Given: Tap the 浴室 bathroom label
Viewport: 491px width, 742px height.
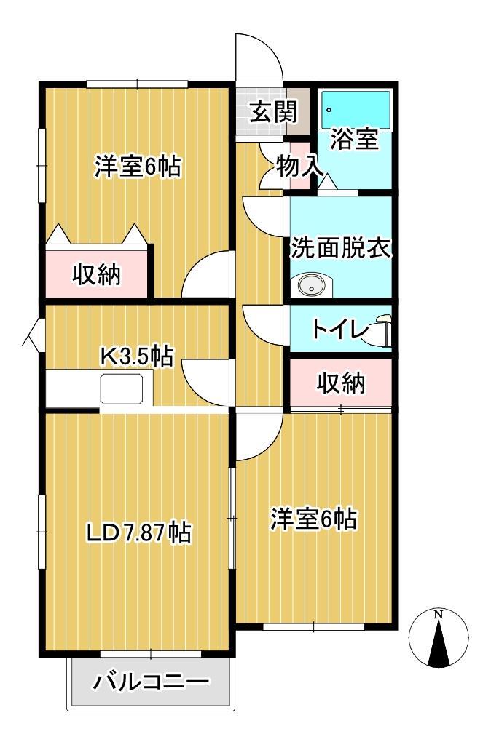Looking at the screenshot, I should click(x=355, y=138).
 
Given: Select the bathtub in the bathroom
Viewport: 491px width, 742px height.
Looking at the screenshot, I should click(x=356, y=110).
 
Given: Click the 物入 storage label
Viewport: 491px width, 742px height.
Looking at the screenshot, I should click(x=299, y=166).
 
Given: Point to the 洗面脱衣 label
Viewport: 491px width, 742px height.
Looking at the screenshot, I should click(x=341, y=248).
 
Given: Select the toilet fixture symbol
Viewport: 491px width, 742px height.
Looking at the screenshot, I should click(x=384, y=330).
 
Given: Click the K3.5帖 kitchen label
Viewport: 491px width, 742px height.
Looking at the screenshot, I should click(x=136, y=356).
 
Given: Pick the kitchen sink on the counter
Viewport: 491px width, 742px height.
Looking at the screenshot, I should click(x=126, y=389).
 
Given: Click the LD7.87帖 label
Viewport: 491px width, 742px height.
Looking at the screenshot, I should click(x=138, y=533).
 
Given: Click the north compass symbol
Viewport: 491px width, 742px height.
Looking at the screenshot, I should click(x=439, y=639).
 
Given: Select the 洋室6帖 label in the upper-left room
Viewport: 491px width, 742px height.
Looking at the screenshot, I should click(x=138, y=167).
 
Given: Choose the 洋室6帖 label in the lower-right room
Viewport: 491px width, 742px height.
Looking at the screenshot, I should click(x=313, y=519).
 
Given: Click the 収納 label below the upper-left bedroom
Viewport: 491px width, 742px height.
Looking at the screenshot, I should click(x=97, y=274).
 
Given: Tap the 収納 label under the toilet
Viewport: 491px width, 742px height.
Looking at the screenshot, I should click(x=341, y=383).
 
